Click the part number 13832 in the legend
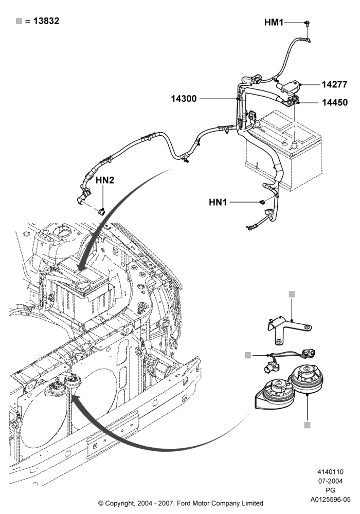(46, 21)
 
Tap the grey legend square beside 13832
(19, 21)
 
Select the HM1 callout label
(274, 22)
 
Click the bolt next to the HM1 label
(308, 23)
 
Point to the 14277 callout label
(334, 85)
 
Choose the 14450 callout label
(334, 103)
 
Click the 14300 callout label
(184, 99)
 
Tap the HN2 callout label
(105, 180)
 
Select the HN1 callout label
(218, 202)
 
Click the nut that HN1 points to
(262, 202)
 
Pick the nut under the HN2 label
(102, 210)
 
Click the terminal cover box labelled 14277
(289, 87)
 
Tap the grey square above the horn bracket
(292, 295)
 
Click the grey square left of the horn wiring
(248, 355)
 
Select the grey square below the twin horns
(307, 425)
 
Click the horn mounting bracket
(289, 328)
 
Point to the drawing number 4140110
(330, 472)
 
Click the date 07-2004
(331, 481)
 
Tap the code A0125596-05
(331, 500)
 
